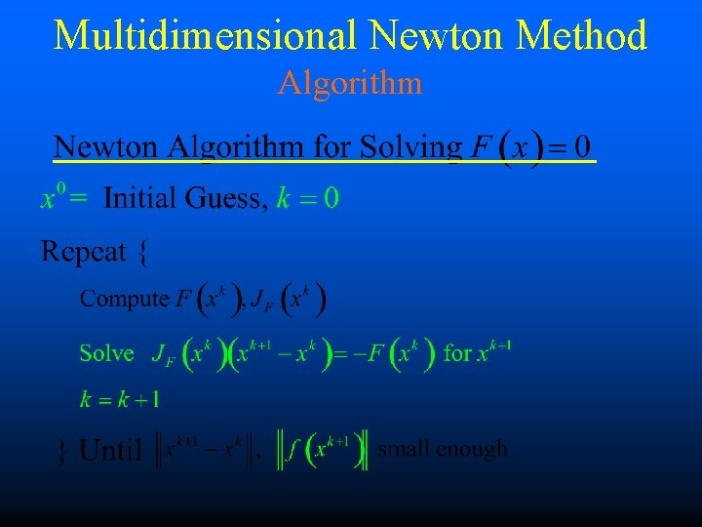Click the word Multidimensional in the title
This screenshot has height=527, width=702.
[207, 35]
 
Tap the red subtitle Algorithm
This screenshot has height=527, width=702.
[350, 83]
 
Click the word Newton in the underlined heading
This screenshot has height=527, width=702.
[105, 147]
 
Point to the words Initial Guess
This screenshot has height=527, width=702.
[183, 199]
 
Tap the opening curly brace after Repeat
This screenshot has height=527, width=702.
[143, 254]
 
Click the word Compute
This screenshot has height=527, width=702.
[125, 299]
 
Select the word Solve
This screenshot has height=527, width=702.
[106, 352]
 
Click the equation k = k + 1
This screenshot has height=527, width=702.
[121, 398]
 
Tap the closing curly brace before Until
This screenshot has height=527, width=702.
[63, 451]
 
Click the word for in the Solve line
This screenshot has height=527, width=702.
[457, 352]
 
